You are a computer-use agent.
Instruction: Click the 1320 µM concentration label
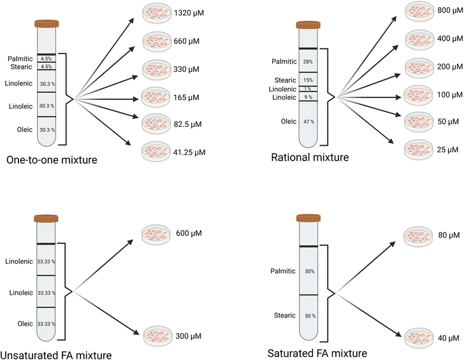point(189,13)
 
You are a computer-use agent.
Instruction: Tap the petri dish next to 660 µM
point(157,41)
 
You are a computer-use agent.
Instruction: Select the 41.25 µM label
point(189,152)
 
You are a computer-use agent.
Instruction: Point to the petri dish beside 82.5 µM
point(156,124)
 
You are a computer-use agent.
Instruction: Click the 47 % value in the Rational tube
point(308,122)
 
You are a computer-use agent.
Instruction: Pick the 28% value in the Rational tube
point(308,62)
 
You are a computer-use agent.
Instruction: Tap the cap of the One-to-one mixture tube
point(47,24)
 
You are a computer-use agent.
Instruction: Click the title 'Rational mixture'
point(310,157)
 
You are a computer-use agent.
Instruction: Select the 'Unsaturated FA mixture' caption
point(56,355)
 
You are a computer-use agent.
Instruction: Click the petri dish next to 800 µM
point(419,11)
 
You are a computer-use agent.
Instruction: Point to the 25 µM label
point(447,150)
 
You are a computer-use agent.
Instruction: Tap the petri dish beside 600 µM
point(156,234)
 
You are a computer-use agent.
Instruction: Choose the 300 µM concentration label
point(189,336)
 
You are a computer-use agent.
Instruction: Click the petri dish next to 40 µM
point(419,338)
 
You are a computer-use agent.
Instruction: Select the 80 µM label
point(449,235)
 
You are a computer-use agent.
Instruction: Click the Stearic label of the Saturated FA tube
point(285,315)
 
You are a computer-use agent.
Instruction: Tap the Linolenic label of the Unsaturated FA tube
point(19,261)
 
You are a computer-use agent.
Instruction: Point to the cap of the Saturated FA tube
point(308,219)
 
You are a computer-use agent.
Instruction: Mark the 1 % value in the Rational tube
point(308,89)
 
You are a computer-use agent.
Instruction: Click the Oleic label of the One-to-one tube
point(25,129)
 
